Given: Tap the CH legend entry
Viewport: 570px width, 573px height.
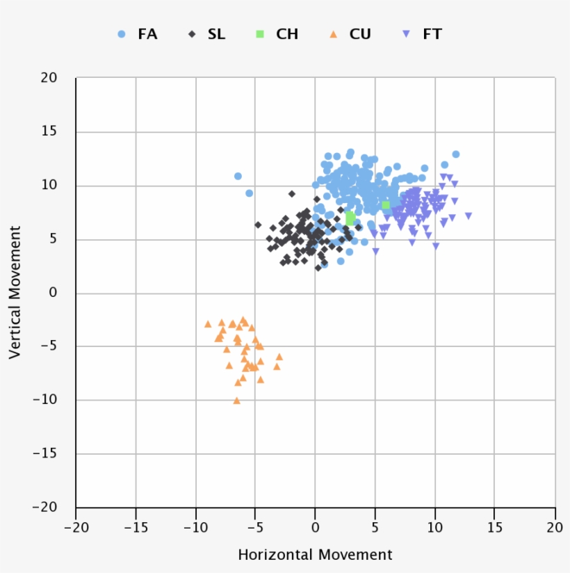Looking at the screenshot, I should pos(277,34).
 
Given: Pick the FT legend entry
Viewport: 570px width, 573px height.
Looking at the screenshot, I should pos(423,34).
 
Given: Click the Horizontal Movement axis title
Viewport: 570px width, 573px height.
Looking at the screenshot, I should pos(315,555).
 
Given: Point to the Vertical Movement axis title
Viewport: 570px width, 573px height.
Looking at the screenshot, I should pos(15,292).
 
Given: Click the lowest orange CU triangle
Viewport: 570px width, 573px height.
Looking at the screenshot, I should pos(236,401).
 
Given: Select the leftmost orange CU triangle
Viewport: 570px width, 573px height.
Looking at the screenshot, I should pos(208,324).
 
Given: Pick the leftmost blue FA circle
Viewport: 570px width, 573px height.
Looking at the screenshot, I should pos(238,177).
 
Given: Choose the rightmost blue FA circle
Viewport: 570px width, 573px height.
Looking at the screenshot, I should pos(456,154).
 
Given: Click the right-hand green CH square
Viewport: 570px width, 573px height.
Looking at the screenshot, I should pos(386,205).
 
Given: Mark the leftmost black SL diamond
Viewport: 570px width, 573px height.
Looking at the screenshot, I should pos(258,225).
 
